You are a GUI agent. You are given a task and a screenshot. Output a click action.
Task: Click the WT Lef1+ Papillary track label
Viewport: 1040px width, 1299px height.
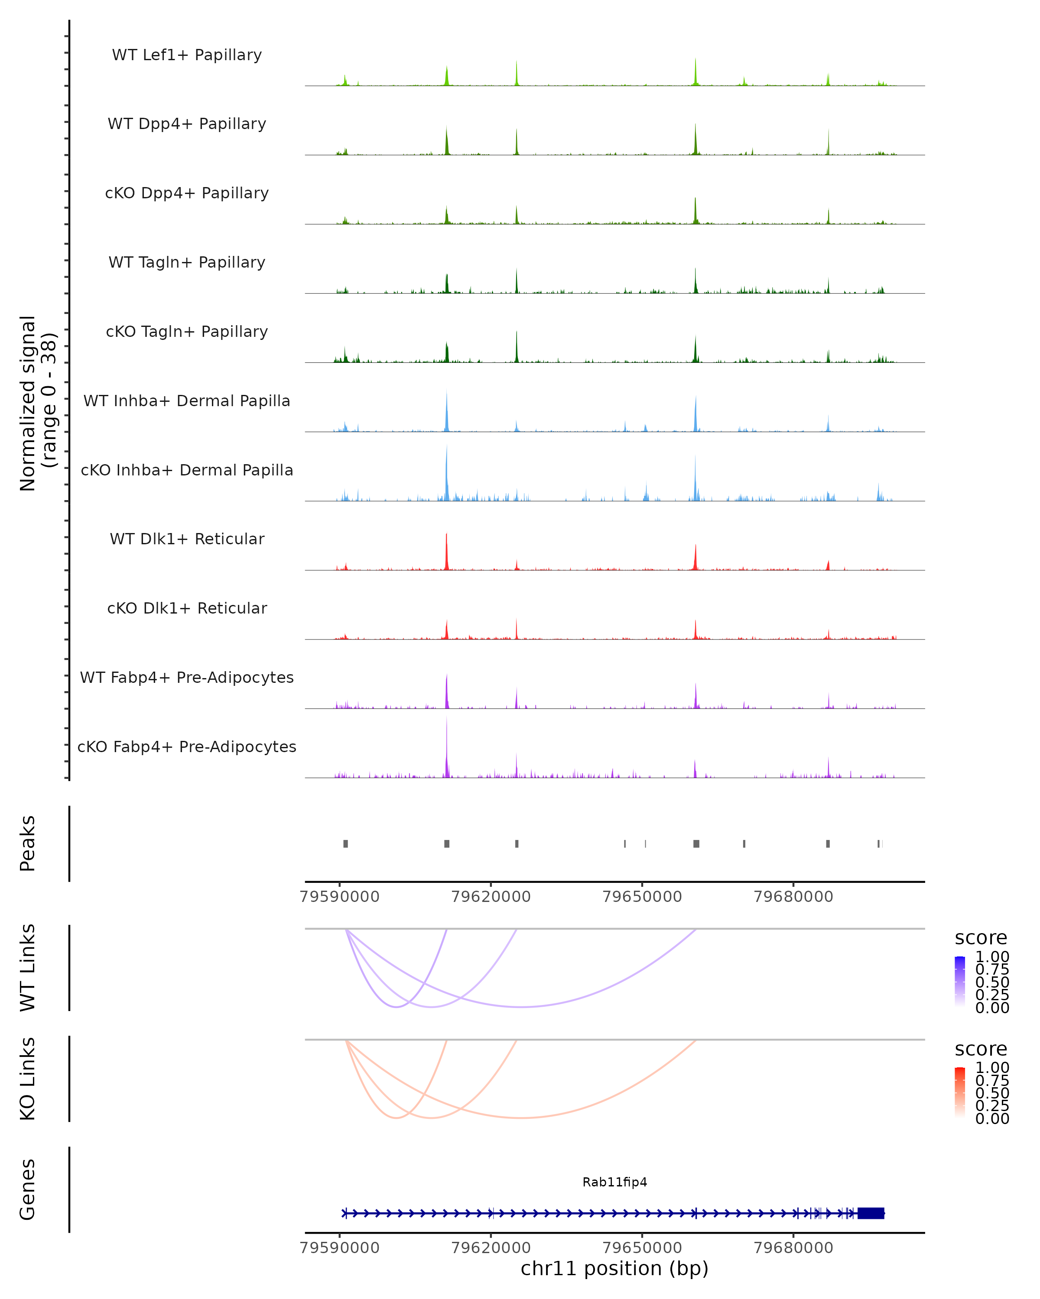click(187, 55)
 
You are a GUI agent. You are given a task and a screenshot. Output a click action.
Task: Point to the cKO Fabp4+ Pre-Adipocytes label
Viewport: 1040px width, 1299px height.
click(187, 746)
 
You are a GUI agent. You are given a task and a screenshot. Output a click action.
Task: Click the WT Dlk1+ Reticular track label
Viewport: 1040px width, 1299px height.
click(187, 539)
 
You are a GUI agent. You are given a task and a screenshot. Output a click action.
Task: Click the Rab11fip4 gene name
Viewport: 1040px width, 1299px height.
click(614, 1182)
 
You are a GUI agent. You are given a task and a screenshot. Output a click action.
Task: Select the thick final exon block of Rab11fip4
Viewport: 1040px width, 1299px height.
click(871, 1213)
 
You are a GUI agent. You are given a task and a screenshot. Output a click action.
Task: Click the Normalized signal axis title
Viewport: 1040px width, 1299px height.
click(37, 403)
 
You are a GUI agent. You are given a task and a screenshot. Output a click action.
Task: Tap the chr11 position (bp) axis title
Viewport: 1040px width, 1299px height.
click(614, 1268)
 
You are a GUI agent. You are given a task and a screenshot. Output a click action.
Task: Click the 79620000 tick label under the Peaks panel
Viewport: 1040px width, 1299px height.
click(491, 897)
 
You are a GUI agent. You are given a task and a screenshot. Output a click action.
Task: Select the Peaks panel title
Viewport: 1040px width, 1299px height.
click(28, 843)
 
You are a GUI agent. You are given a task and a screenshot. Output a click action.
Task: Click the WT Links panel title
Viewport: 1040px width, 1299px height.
click(28, 968)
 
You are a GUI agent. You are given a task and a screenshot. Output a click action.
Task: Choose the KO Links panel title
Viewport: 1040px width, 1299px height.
click(28, 1079)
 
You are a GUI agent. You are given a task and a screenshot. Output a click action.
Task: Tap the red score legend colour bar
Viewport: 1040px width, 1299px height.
click(960, 1092)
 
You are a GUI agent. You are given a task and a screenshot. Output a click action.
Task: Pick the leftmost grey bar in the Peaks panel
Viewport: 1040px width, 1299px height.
click(345, 843)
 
